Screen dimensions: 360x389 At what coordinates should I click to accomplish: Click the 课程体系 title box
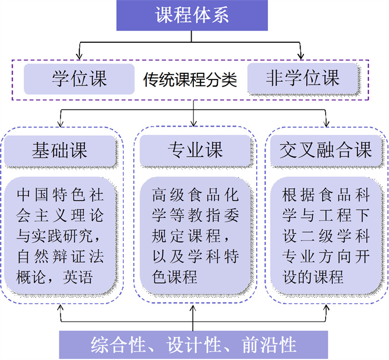tap(192, 15)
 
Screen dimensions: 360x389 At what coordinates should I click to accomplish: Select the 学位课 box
tap(79, 78)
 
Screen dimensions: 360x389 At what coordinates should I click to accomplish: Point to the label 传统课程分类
tap(190, 81)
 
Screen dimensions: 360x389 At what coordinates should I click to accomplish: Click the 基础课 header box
tap(59, 151)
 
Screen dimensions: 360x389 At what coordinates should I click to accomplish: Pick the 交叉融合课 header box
tap(326, 151)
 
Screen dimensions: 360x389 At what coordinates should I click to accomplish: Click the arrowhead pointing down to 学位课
tap(79, 56)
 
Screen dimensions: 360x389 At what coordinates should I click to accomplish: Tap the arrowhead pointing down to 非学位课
tap(302, 56)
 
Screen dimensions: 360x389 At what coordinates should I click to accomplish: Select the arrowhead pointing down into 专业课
tap(193, 121)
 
